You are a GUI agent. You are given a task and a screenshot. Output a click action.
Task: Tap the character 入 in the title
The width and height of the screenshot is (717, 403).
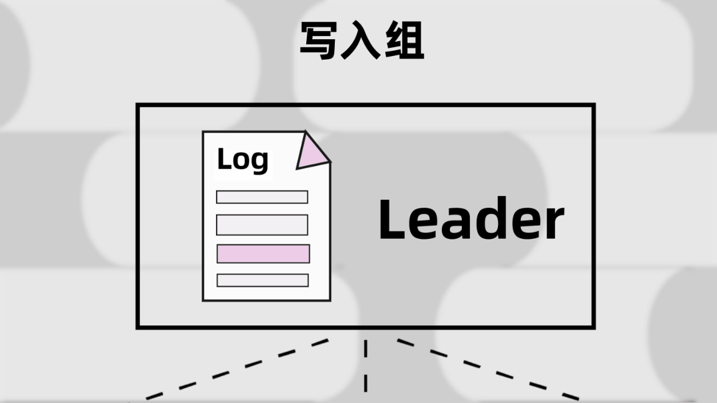362,42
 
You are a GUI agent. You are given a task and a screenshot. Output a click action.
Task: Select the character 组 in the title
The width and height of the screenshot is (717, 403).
404,42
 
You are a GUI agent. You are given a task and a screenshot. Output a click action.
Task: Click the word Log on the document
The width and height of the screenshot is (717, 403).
243,160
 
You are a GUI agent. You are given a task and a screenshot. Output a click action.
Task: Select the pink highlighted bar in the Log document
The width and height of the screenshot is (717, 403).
263,254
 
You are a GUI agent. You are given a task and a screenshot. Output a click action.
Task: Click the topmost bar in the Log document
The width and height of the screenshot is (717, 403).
262,197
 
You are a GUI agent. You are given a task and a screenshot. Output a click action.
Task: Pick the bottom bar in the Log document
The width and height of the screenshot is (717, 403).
263,280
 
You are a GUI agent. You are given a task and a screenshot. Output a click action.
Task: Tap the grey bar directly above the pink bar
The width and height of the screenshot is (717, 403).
262,225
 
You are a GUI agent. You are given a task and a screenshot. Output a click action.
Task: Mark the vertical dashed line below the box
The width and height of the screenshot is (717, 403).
365,367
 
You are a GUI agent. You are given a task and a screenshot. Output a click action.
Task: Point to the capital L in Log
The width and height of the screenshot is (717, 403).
224,159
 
